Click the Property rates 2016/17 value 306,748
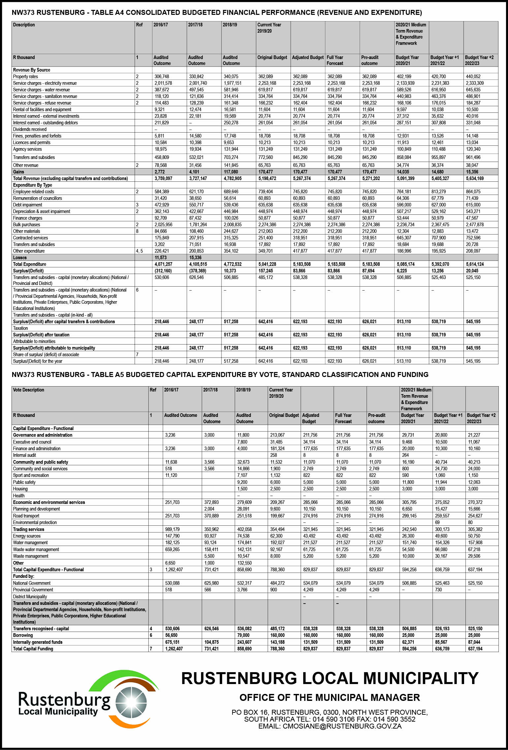(x=162, y=77)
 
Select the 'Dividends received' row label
(x=30, y=129)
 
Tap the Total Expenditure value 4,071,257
(x=164, y=264)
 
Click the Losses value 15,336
(x=195, y=258)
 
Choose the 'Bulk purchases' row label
(x=26, y=225)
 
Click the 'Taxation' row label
(x=20, y=328)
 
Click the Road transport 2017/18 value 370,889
(x=212, y=516)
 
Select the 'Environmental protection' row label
(x=35, y=522)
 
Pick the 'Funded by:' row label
(x=24, y=576)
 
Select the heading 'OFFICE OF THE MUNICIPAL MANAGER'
(x=330, y=698)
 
